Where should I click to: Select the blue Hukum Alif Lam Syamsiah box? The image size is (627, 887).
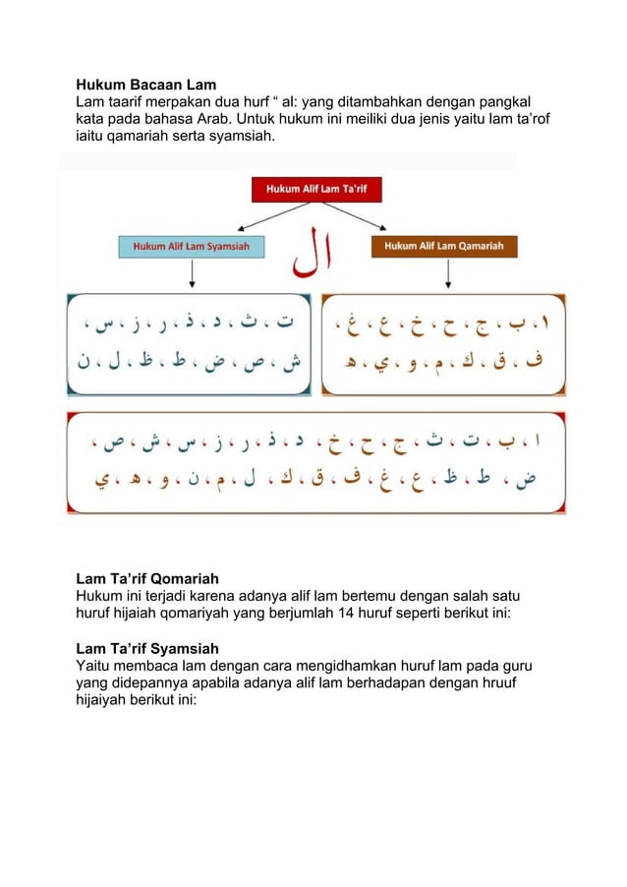pos(191,246)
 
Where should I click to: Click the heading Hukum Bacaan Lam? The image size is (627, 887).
pos(146,84)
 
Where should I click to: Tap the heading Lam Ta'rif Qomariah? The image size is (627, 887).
pos(147,578)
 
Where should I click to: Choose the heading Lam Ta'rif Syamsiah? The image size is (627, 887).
pos(147,648)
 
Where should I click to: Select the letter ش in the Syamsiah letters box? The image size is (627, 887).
pos(289,364)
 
